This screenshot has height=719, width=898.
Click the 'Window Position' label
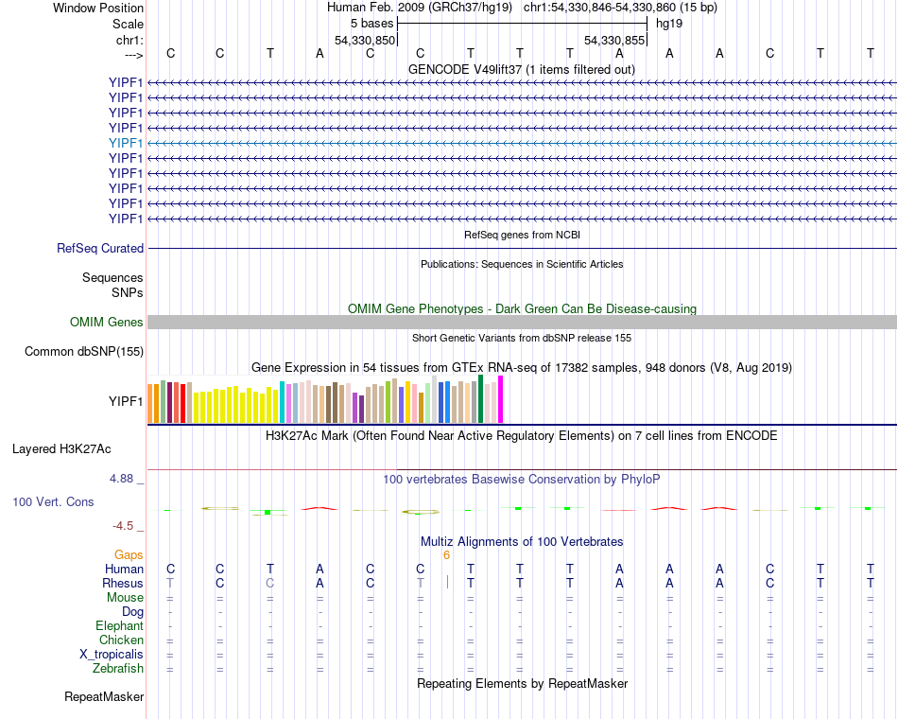point(98,8)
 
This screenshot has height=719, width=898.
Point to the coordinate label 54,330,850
point(365,40)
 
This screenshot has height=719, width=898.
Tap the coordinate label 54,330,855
point(614,40)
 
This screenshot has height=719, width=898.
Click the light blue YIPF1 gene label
point(126,143)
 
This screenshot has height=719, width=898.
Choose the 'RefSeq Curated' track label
point(100,248)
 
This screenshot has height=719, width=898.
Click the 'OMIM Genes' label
point(107,323)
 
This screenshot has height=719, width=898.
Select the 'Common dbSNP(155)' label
point(84,352)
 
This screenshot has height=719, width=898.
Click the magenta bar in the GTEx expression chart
point(501,399)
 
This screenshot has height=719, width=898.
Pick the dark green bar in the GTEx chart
point(481,398)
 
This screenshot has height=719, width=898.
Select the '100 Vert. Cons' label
point(53,502)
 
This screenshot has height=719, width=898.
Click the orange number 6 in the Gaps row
point(446,555)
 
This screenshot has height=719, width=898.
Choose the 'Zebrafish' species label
point(118,669)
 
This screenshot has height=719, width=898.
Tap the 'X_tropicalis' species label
point(112,655)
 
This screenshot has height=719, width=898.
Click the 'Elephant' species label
point(119,626)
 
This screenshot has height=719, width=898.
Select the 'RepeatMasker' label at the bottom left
point(104,697)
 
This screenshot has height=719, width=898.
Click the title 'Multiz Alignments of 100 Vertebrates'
point(522,542)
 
